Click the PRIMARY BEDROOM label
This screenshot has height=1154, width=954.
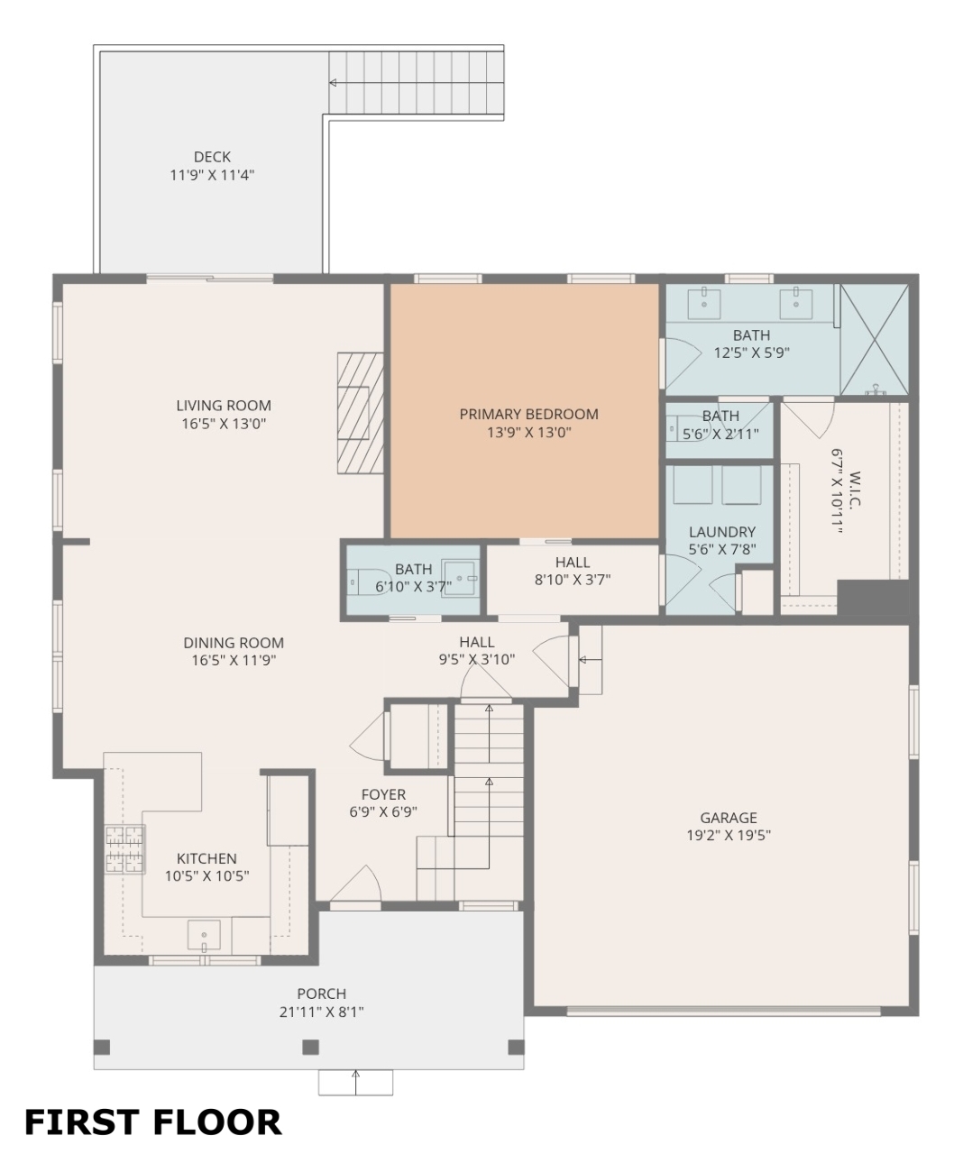528,414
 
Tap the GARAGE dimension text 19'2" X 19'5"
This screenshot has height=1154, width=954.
729,835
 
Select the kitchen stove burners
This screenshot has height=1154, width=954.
125,849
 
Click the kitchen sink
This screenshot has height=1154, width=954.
204,935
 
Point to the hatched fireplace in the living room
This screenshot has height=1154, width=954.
361,413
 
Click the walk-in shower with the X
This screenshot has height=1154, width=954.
875,339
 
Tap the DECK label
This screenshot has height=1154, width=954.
212,157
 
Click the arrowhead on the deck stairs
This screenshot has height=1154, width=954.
333,83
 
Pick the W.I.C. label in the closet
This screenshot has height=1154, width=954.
855,489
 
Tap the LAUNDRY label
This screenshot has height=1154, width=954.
722,532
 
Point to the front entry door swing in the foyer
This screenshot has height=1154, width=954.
356,884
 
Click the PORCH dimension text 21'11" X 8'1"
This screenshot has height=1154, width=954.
321,1012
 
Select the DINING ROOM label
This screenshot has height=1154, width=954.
234,643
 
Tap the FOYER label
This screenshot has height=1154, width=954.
383,794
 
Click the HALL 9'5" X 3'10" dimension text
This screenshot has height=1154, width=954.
476,659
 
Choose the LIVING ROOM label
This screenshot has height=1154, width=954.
224,406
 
